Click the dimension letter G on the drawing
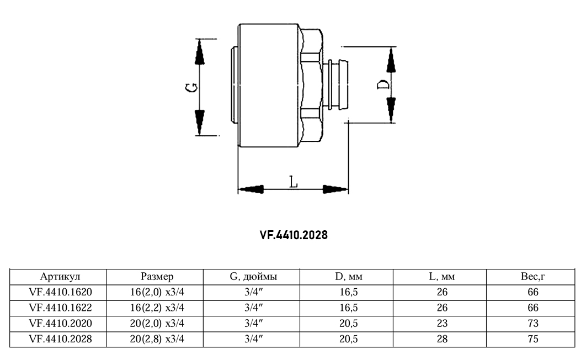click(x=190, y=88)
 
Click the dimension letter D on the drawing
click(x=382, y=84)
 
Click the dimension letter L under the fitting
click(x=294, y=182)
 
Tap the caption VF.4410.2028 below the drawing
click(x=294, y=235)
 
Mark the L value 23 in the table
click(x=441, y=324)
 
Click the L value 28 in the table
click(x=441, y=339)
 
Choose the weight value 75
click(x=532, y=339)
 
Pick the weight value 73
click(x=532, y=324)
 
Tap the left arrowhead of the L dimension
click(x=249, y=189)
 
